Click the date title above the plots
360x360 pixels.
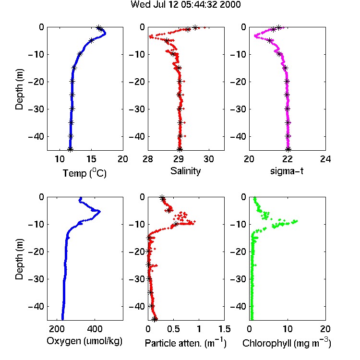(x=185, y=4)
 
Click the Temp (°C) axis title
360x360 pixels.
(x=84, y=173)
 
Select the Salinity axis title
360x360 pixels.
(x=185, y=171)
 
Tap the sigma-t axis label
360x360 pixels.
(x=287, y=171)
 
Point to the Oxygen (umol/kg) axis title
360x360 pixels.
(x=84, y=341)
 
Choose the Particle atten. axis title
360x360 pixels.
(x=186, y=343)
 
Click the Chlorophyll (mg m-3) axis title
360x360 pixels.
(x=287, y=343)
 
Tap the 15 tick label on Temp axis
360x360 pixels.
(x=91, y=159)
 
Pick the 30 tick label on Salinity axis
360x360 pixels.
(x=209, y=159)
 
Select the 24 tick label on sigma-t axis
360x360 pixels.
(x=325, y=159)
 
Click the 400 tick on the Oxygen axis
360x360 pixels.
(x=95, y=329)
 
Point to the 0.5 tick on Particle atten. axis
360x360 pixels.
(x=173, y=329)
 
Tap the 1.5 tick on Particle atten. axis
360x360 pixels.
(x=224, y=329)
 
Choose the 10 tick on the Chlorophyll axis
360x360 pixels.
(x=287, y=329)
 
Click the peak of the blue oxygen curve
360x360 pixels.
(x=100, y=212)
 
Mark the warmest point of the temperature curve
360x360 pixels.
(x=105, y=34)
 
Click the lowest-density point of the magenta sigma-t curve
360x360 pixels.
(x=255, y=36)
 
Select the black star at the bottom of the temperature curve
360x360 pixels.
(x=70, y=149)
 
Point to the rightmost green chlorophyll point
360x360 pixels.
(x=297, y=221)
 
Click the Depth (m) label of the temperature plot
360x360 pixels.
(x=20, y=89)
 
